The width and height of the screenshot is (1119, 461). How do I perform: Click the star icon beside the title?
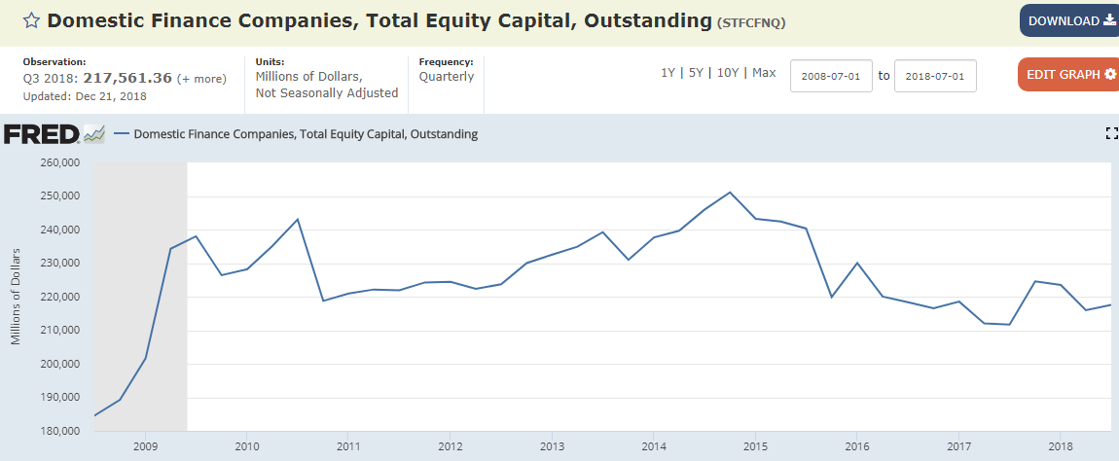point(32,20)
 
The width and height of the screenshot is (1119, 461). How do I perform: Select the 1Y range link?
point(668,73)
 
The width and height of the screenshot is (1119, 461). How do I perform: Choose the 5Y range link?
point(696,73)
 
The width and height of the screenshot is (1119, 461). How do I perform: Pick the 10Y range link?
point(728,73)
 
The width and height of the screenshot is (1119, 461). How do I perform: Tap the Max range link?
point(764,73)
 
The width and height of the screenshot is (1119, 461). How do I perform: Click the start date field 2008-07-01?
point(831,76)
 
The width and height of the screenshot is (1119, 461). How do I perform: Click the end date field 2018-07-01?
point(935,76)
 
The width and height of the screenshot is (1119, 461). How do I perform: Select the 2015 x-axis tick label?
point(755,445)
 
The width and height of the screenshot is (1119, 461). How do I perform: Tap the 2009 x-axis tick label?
point(145,445)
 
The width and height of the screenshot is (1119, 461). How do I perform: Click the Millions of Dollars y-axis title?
point(16,297)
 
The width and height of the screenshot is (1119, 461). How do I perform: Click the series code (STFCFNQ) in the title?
point(750,21)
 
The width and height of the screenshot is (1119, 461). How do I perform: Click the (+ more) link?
point(202,78)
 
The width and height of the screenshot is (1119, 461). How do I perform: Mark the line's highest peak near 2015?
point(730,192)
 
